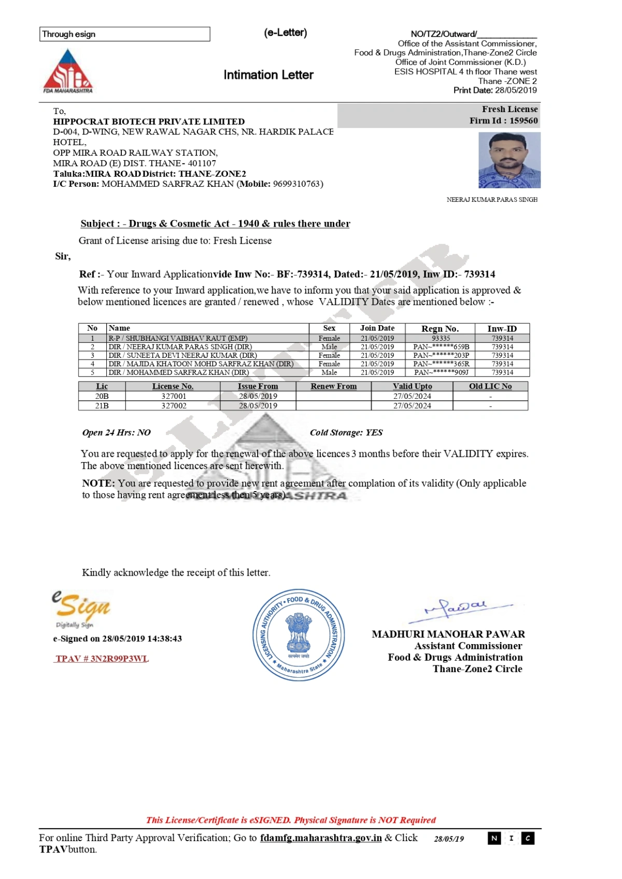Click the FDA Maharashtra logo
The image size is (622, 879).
tap(67, 71)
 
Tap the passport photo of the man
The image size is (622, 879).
tap(509, 160)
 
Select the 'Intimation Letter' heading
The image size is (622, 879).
tap(268, 75)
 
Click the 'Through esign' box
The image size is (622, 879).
tap(124, 34)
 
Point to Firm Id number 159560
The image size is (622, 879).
tap(524, 121)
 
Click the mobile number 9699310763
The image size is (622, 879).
tap(297, 184)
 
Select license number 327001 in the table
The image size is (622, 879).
tap(174, 396)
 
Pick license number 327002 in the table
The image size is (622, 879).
tap(174, 406)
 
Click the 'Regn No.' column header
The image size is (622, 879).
tap(440, 328)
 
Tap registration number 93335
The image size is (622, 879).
tap(441, 338)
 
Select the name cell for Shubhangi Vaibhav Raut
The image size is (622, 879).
tap(178, 338)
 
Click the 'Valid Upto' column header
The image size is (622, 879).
tap(412, 386)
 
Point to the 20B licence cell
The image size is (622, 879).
tap(102, 396)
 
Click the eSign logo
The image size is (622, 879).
tap(81, 608)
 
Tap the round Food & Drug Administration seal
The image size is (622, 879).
tap(299, 635)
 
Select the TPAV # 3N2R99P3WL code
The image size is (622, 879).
tap(102, 659)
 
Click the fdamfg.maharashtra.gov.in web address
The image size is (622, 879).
tap(321, 838)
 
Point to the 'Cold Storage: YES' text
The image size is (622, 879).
tap(346, 432)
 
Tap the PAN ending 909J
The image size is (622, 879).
tap(441, 372)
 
